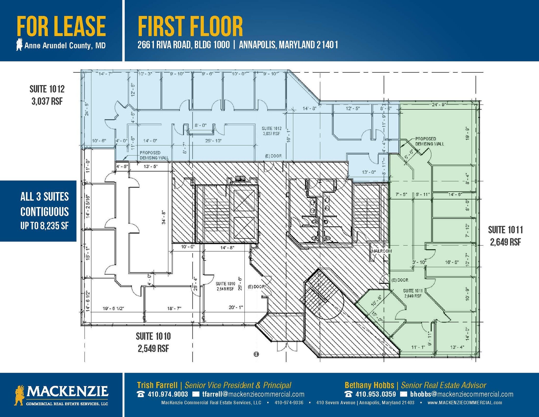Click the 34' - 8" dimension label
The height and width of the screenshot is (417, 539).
(164, 218)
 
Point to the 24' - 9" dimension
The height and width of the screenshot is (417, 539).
(439, 105)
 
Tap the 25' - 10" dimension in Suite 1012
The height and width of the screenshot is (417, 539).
(213, 141)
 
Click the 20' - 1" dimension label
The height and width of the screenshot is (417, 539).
(236, 307)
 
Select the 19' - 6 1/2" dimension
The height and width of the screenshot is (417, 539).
(113, 308)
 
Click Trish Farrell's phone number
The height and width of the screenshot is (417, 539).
(168, 394)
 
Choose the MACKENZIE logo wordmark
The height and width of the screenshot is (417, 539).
(67, 391)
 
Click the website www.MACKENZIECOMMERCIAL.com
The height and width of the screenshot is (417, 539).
(465, 403)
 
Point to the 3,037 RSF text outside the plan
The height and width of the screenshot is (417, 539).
(47, 101)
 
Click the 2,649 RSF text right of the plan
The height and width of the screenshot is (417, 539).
(505, 242)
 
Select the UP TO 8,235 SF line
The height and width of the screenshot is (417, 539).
(44, 226)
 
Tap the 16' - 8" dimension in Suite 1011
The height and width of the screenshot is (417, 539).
(452, 262)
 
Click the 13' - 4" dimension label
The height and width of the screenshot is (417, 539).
(457, 347)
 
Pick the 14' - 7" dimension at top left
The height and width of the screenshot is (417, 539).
(105, 74)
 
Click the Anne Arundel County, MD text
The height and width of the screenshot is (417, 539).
(65, 46)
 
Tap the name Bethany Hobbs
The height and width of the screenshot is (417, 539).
(369, 385)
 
